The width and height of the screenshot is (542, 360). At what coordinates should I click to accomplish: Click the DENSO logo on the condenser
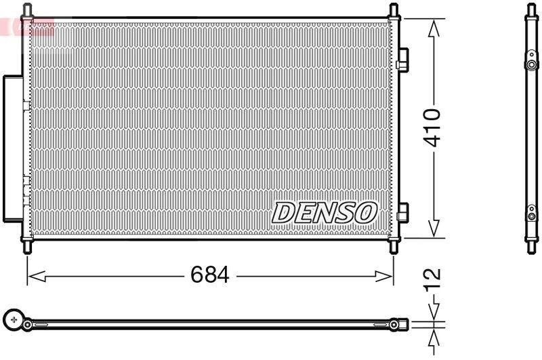[324, 212]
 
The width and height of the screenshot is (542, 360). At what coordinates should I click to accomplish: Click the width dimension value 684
[209, 276]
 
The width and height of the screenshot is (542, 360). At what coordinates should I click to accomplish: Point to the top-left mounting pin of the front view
[27, 11]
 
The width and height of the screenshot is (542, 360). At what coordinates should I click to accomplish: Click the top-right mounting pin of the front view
[394, 11]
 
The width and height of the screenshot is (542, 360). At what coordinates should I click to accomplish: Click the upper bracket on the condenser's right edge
[402, 60]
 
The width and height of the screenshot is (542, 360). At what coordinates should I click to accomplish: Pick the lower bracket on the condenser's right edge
[402, 212]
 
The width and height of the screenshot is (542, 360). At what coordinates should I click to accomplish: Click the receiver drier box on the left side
[12, 148]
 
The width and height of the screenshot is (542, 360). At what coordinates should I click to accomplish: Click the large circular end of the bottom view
[13, 319]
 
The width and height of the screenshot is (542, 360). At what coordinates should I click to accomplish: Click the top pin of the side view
[531, 10]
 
